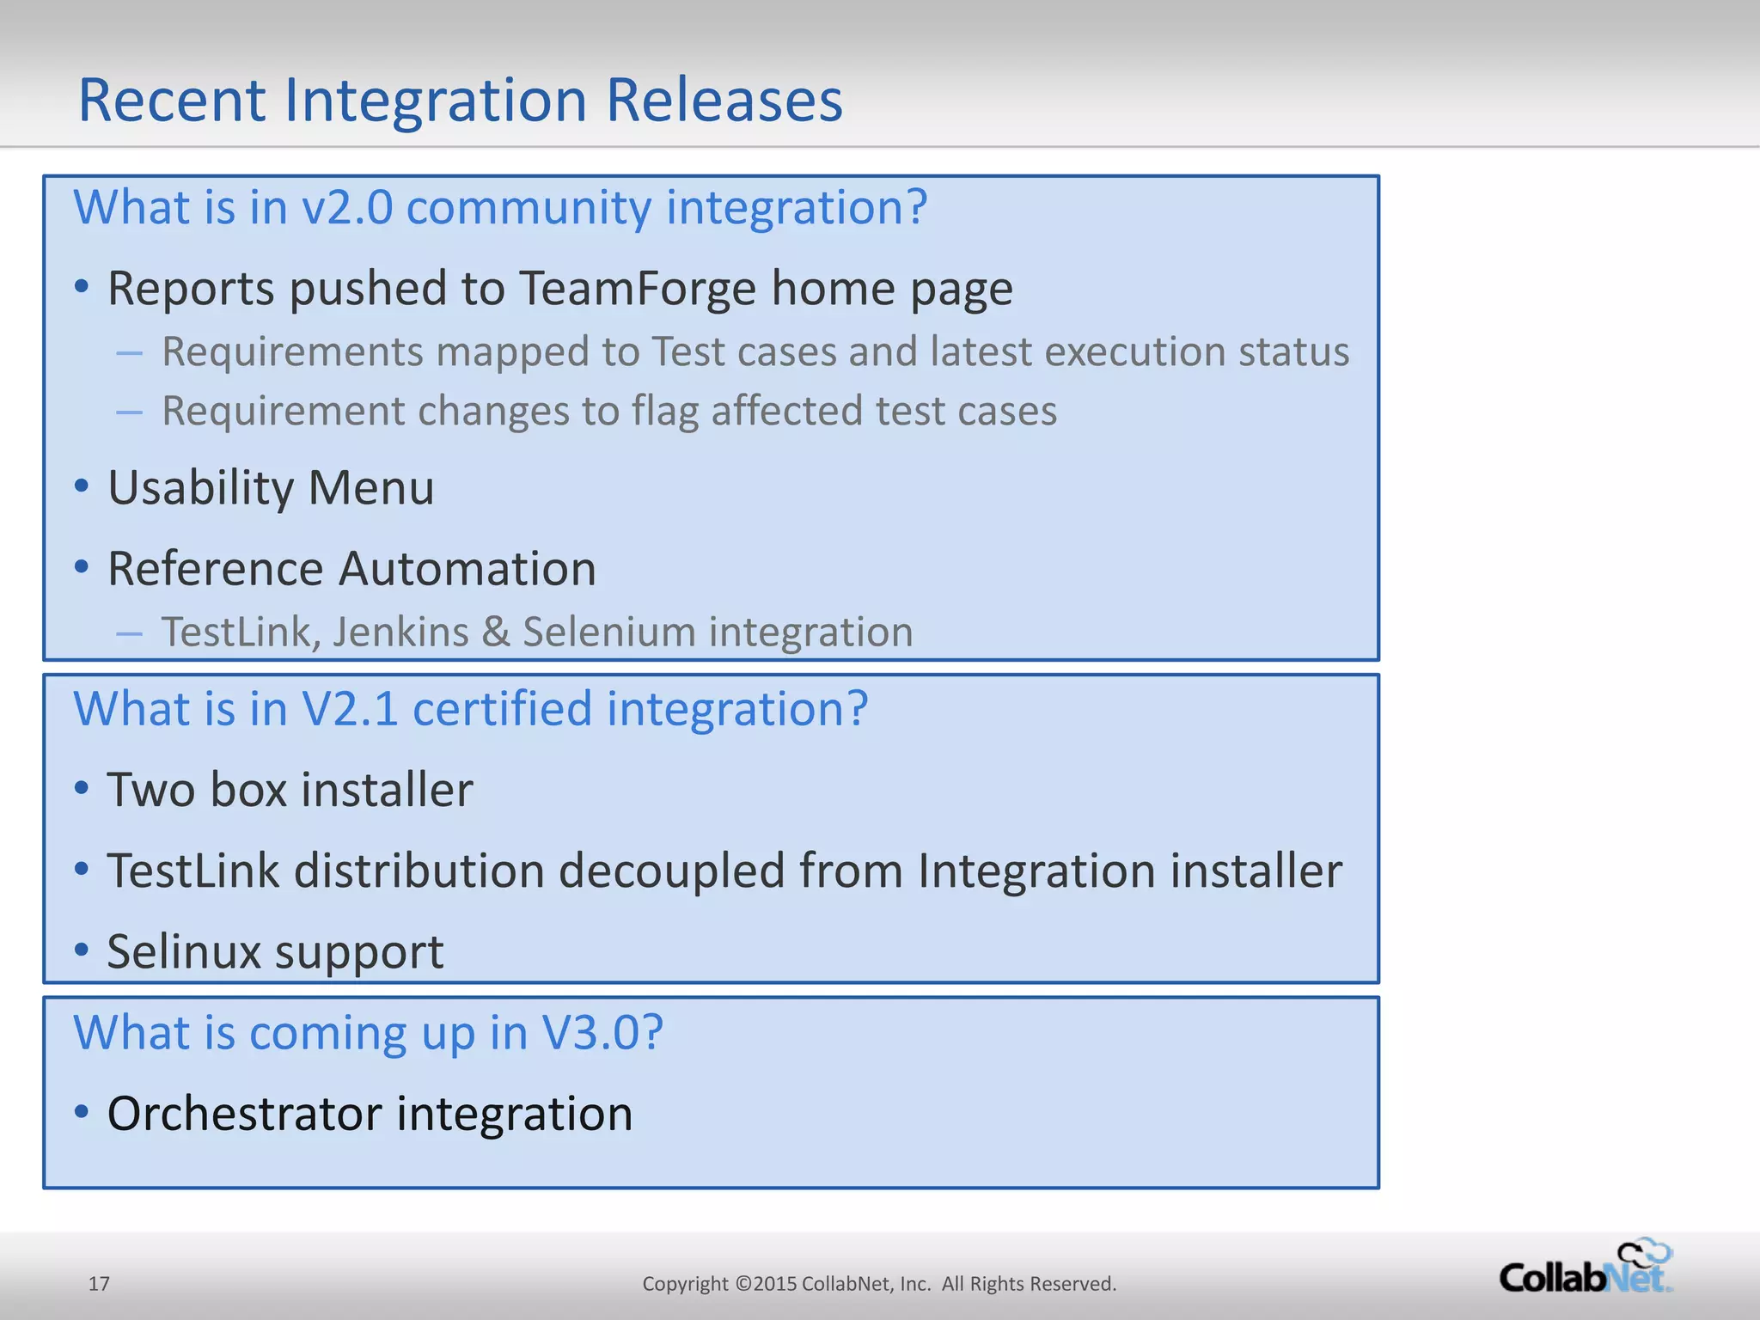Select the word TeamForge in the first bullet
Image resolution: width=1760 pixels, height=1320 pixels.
637,289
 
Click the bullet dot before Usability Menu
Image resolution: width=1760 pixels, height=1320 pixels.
82,486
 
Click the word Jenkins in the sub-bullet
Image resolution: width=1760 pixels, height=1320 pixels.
400,632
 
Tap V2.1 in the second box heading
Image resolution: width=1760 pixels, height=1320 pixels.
350,710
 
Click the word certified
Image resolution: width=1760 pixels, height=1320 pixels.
502,710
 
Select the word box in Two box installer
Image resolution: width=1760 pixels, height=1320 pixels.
248,790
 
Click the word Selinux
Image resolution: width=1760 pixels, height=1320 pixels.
183,952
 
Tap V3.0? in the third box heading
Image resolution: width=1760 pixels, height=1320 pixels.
602,1033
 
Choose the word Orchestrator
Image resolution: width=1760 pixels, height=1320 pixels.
244,1114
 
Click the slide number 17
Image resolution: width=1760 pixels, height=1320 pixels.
99,1284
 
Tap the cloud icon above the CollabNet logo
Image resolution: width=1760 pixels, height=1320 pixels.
1644,1253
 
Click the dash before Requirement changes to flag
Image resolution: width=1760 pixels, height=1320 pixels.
129,412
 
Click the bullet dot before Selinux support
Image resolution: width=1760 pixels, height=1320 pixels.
82,950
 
